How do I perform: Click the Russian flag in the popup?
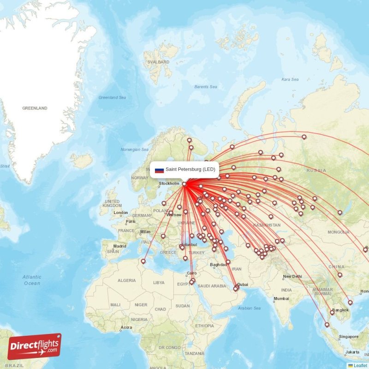click(x=159, y=170)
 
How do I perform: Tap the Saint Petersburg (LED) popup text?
click(x=190, y=169)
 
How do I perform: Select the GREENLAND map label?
click(x=35, y=108)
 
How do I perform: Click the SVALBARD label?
click(x=156, y=62)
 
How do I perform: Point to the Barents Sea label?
click(x=205, y=87)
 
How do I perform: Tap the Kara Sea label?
click(x=290, y=79)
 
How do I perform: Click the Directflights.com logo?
click(x=34, y=346)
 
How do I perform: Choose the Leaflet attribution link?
click(x=360, y=365)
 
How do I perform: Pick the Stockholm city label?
click(x=169, y=184)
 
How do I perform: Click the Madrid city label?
click(x=120, y=246)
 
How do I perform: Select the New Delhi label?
click(x=292, y=277)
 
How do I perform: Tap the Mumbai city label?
click(x=281, y=298)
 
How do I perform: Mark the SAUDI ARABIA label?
click(x=213, y=286)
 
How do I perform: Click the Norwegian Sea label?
click(x=134, y=149)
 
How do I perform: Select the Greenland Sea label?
click(x=112, y=97)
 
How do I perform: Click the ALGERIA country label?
click(x=127, y=280)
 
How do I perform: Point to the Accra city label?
click(x=126, y=327)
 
